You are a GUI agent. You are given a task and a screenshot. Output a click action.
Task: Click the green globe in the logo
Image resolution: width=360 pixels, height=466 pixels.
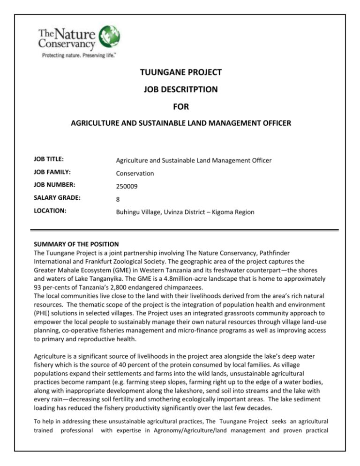[x=108, y=35]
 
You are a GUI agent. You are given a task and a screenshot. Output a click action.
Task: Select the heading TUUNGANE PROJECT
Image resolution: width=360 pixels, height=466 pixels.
[x=180, y=73]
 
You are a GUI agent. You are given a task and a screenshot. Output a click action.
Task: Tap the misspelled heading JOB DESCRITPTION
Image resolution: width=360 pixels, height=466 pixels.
[x=180, y=90]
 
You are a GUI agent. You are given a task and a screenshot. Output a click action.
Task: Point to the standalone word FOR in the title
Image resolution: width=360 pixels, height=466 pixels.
[x=180, y=107]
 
